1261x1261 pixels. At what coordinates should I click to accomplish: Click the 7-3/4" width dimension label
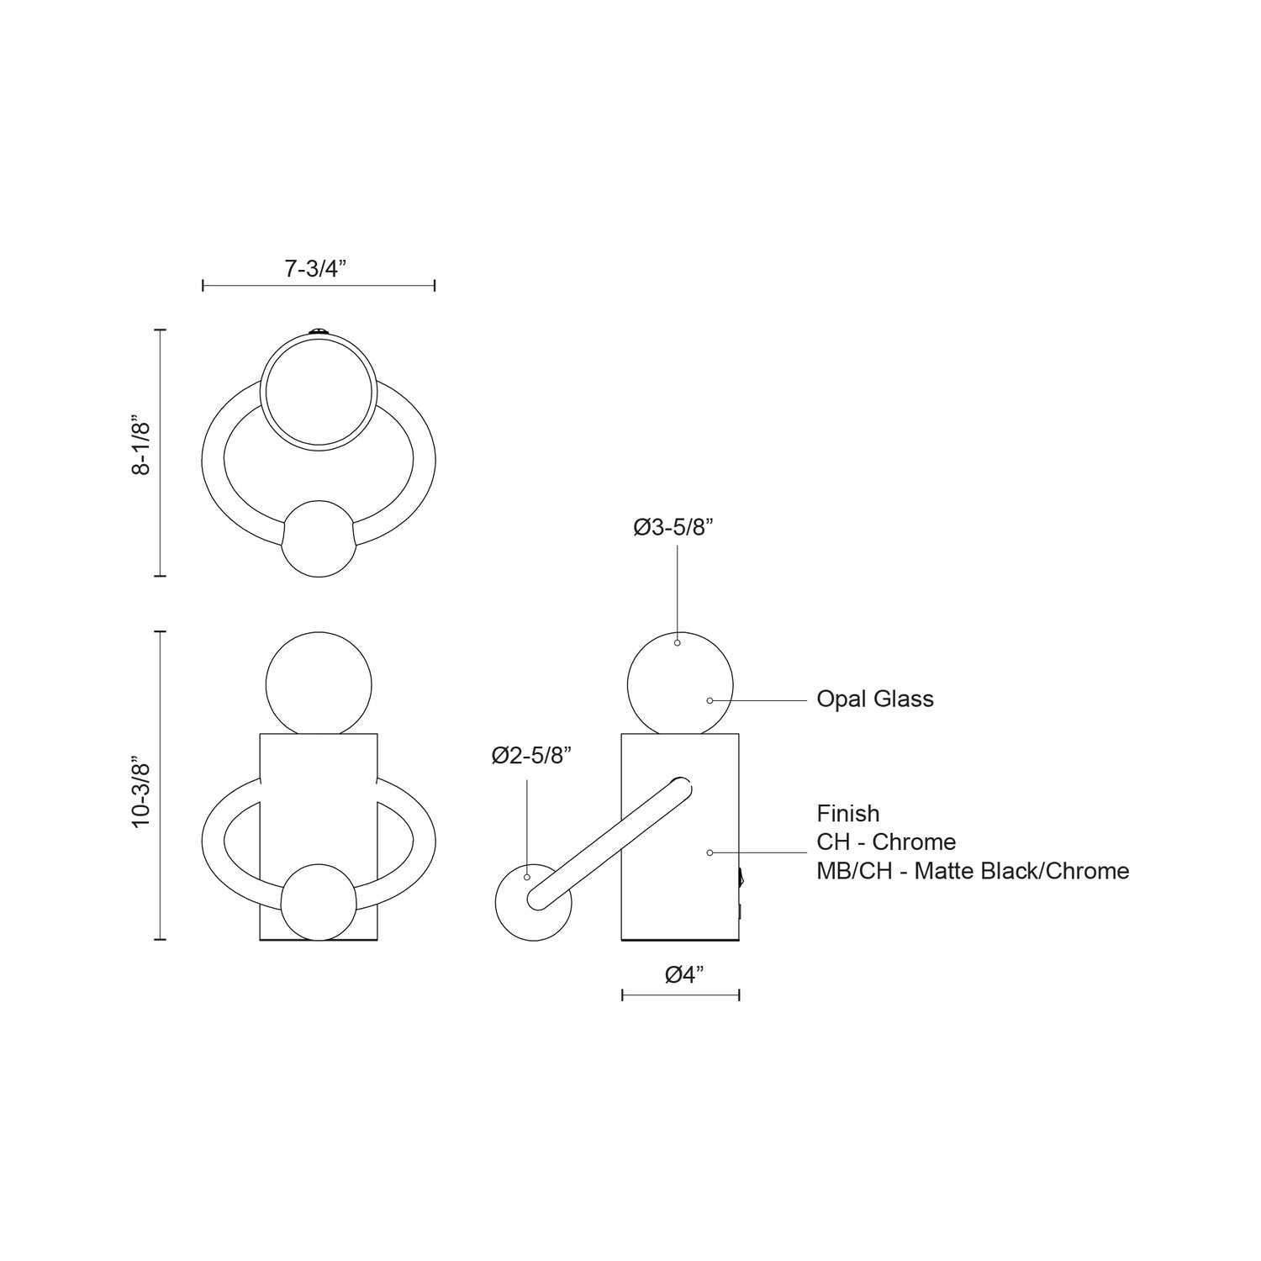pyautogui.click(x=316, y=269)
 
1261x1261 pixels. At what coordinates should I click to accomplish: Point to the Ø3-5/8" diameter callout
pyautogui.click(x=673, y=528)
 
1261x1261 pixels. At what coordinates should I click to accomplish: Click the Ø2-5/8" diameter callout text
pyautogui.click(x=531, y=756)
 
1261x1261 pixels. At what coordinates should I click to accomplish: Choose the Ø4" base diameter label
pyautogui.click(x=683, y=974)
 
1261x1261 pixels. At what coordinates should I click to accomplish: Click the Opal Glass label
pyautogui.click(x=875, y=699)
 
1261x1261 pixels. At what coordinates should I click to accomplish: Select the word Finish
pyautogui.click(x=848, y=814)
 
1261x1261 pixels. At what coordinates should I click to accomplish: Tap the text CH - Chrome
pyautogui.click(x=886, y=842)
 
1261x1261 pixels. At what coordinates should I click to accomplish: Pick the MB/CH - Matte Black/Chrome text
pyautogui.click(x=973, y=871)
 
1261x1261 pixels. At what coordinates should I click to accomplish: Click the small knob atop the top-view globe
pyautogui.click(x=318, y=331)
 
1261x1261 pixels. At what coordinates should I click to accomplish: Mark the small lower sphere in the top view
pyautogui.click(x=318, y=539)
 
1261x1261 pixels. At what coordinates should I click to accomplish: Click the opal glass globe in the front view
pyautogui.click(x=318, y=683)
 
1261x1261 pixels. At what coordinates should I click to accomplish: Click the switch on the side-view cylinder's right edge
pyautogui.click(x=741, y=879)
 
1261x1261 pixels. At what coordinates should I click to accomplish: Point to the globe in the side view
pyautogui.click(x=680, y=683)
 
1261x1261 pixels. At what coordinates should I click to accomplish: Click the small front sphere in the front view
pyautogui.click(x=318, y=902)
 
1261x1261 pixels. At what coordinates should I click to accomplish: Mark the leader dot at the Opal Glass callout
pyautogui.click(x=710, y=700)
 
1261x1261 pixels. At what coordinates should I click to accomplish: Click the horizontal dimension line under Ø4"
pyautogui.click(x=680, y=995)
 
